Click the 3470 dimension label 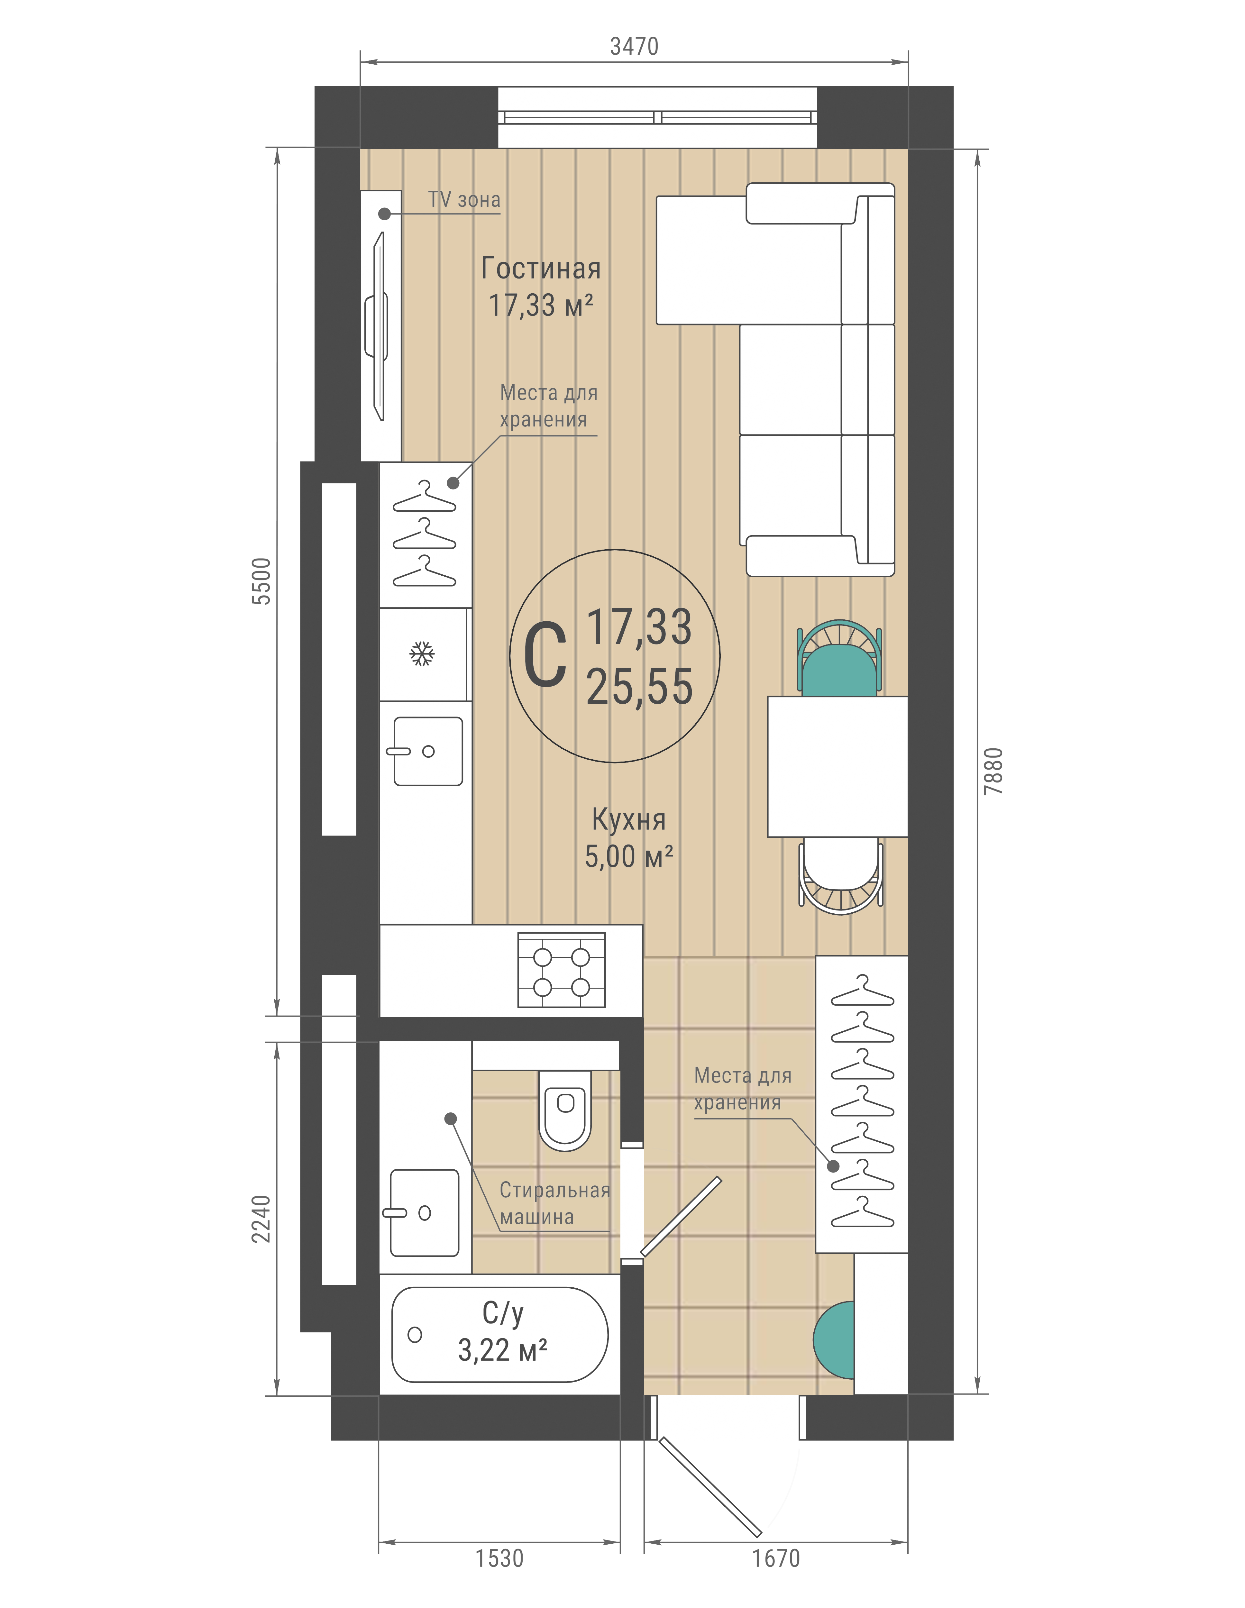(x=634, y=46)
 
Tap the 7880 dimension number (x=993, y=771)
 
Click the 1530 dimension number (x=499, y=1559)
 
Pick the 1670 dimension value (x=775, y=1559)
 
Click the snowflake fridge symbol (x=422, y=653)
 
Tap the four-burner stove (x=562, y=970)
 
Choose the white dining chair (x=841, y=875)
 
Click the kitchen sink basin (x=428, y=751)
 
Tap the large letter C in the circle (x=545, y=655)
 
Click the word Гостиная (x=541, y=269)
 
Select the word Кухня (x=629, y=819)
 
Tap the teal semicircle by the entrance (x=834, y=1340)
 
